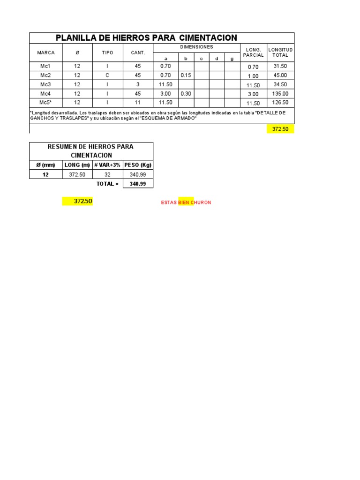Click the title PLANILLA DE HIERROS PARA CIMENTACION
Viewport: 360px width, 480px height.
pyautogui.click(x=146, y=38)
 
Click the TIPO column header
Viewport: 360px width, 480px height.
pyautogui.click(x=107, y=53)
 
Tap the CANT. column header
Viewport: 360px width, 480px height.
pyautogui.click(x=138, y=53)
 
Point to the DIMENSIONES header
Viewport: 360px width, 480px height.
pyautogui.click(x=196, y=47)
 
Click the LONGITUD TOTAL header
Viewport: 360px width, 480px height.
pyautogui.click(x=280, y=52)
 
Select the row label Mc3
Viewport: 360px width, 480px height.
pyautogui.click(x=45, y=85)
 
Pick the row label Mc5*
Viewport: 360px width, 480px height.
pyautogui.click(x=45, y=103)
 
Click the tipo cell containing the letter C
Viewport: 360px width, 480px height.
pyautogui.click(x=107, y=75)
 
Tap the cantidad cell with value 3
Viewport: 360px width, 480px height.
pyautogui.click(x=138, y=85)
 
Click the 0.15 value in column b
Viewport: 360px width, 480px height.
pyautogui.click(x=186, y=75)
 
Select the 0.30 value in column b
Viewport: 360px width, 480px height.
pyautogui.click(x=186, y=94)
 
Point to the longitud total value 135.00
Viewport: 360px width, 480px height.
pyautogui.click(x=280, y=94)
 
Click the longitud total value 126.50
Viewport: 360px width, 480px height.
pyautogui.click(x=280, y=103)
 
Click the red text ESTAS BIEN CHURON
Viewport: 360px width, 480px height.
pyautogui.click(x=186, y=202)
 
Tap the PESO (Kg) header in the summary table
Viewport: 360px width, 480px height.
pyautogui.click(x=138, y=165)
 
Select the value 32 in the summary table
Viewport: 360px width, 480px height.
pyautogui.click(x=107, y=174)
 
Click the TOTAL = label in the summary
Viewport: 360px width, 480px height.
pyautogui.click(x=107, y=184)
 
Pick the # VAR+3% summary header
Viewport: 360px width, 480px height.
pyautogui.click(x=107, y=165)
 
